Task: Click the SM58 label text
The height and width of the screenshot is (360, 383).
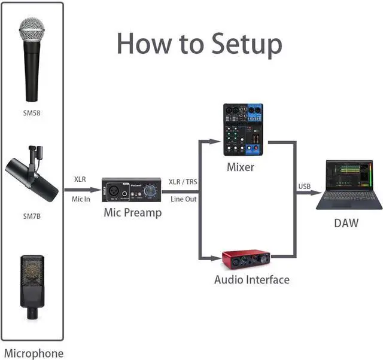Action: tap(32, 112)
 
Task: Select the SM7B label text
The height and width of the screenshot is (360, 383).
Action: tap(32, 216)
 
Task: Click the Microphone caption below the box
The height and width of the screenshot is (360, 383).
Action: tap(34, 353)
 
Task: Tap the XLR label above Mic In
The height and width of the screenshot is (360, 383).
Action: tap(80, 179)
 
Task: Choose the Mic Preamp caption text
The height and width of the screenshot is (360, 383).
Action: tap(132, 212)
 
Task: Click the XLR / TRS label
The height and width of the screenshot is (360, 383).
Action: tap(183, 181)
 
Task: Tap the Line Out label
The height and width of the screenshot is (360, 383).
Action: tap(184, 199)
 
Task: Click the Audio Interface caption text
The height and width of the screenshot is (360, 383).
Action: tap(251, 279)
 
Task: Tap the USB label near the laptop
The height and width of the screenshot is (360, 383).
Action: tap(305, 187)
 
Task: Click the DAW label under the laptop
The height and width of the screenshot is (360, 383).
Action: tap(346, 223)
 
